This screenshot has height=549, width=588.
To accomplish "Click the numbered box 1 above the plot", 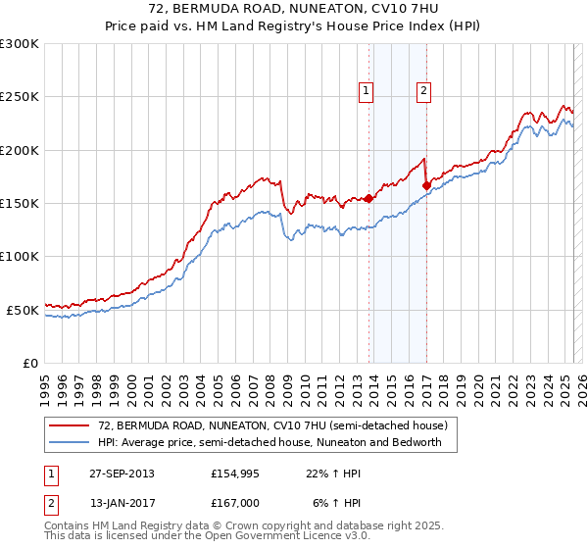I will coord(366,91).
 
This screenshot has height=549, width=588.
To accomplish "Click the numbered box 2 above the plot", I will coord(424,91).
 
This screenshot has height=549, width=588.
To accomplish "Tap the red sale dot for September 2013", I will coord(368,198).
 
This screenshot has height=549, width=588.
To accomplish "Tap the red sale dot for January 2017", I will coord(426,185).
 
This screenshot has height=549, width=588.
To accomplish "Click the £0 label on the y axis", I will coord(30,363).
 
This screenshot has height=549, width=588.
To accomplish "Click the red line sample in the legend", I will coord(70,425).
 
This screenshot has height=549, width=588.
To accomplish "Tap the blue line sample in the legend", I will coord(70,442).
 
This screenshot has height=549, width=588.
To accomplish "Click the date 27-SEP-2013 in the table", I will coord(121,474).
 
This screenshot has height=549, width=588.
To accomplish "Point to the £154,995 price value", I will coord(235,474).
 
